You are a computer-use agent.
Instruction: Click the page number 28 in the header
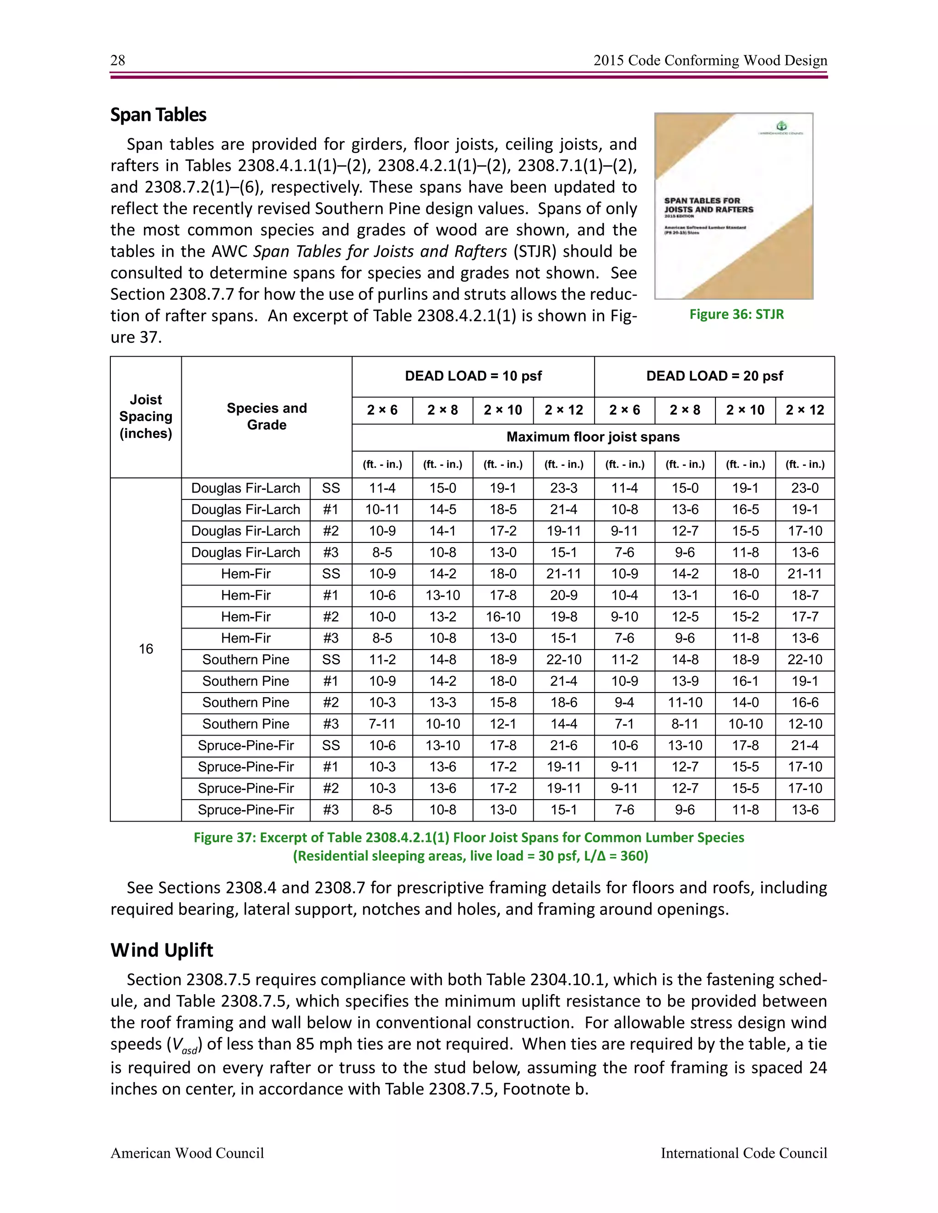118,60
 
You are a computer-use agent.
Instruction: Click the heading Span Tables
158,115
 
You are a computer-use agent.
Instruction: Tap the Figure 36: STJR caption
736,314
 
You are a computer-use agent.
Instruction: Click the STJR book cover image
734,206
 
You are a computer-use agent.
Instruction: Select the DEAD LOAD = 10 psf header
473,376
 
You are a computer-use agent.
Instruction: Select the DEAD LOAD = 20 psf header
714,376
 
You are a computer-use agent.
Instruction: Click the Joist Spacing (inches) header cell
146,417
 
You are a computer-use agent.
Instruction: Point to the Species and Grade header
267,417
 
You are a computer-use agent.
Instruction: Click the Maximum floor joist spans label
593,437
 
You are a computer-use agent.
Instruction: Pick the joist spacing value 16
146,649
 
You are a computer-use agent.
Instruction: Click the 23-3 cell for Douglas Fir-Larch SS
563,488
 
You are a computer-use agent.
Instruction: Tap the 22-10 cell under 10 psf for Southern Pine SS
563,660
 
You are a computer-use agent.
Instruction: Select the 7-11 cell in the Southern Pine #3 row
382,724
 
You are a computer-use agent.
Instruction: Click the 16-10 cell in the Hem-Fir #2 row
503,617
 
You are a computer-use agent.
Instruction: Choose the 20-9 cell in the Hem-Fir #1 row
563,596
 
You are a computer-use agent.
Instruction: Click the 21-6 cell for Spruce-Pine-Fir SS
563,745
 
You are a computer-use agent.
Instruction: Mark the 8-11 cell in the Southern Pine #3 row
685,724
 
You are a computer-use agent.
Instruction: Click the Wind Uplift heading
162,950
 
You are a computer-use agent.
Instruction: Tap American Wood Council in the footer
187,1153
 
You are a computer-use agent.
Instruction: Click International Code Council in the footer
743,1153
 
